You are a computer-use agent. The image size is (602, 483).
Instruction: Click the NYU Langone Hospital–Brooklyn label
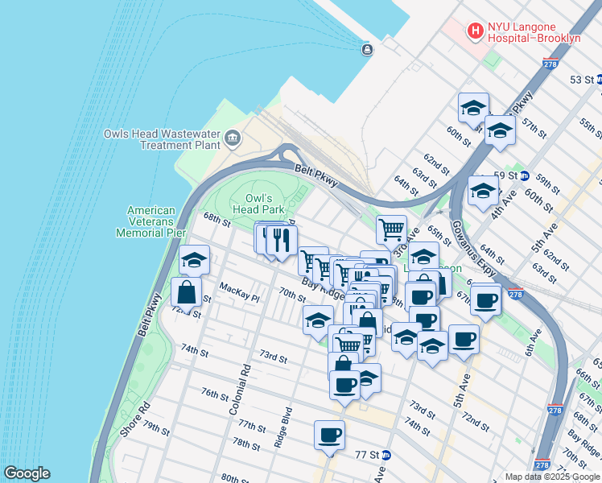click(x=535, y=31)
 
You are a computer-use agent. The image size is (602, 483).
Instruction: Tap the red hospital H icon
click(x=475, y=31)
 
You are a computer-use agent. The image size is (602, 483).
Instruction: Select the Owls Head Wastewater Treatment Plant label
click(x=162, y=139)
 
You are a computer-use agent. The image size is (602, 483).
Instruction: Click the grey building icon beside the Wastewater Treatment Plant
click(x=233, y=138)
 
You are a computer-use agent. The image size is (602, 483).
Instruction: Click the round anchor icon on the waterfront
click(x=367, y=50)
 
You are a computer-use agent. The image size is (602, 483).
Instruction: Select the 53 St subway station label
click(x=580, y=80)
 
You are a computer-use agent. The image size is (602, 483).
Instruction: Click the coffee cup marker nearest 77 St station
click(x=329, y=436)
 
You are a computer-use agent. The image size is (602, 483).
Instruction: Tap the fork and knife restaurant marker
click(x=282, y=239)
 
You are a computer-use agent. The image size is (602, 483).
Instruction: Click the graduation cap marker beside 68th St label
click(x=194, y=259)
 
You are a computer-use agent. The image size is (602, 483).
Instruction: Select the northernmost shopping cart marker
click(x=391, y=229)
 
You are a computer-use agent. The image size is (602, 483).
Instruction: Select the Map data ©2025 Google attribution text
click(x=551, y=477)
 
